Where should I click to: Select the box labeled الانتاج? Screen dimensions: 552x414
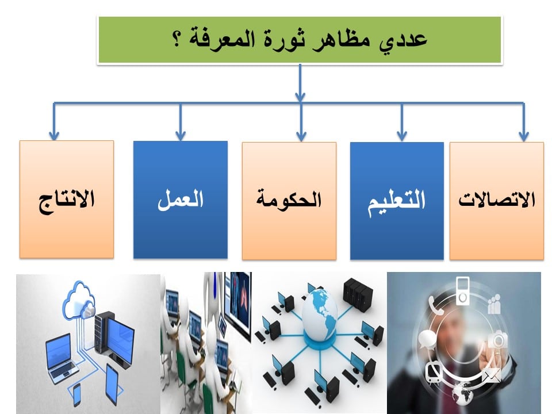pos(67,200)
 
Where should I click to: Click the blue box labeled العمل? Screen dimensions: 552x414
pos(180,200)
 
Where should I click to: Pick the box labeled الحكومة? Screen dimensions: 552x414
pos(289,201)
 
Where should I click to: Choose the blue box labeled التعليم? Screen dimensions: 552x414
pos(397,201)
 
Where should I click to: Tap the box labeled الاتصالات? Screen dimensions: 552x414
pos(497,201)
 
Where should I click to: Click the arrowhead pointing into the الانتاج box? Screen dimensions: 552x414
pos(54,136)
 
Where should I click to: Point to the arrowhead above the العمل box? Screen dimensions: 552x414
pos(180,136)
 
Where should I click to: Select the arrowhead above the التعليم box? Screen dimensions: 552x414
pos(402,136)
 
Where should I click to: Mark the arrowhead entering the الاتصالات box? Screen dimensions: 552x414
pos(524,136)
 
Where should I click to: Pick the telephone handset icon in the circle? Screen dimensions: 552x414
pos(435,305)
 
